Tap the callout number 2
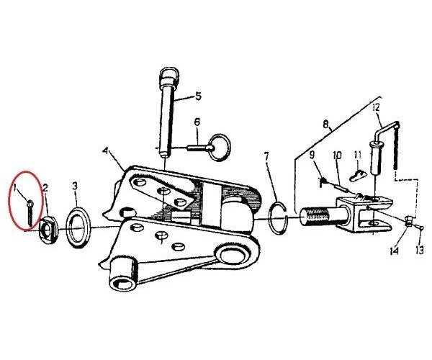click(45, 188)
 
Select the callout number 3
click(75, 186)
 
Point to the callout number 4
click(105, 151)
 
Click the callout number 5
click(198, 96)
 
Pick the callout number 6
click(197, 122)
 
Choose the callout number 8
click(326, 125)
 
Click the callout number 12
click(377, 107)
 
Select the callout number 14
click(395, 251)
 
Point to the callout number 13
click(419, 251)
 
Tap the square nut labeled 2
click(49, 230)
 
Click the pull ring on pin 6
click(220, 147)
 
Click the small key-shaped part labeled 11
click(358, 175)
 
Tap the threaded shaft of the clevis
click(317, 217)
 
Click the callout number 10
click(337, 155)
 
